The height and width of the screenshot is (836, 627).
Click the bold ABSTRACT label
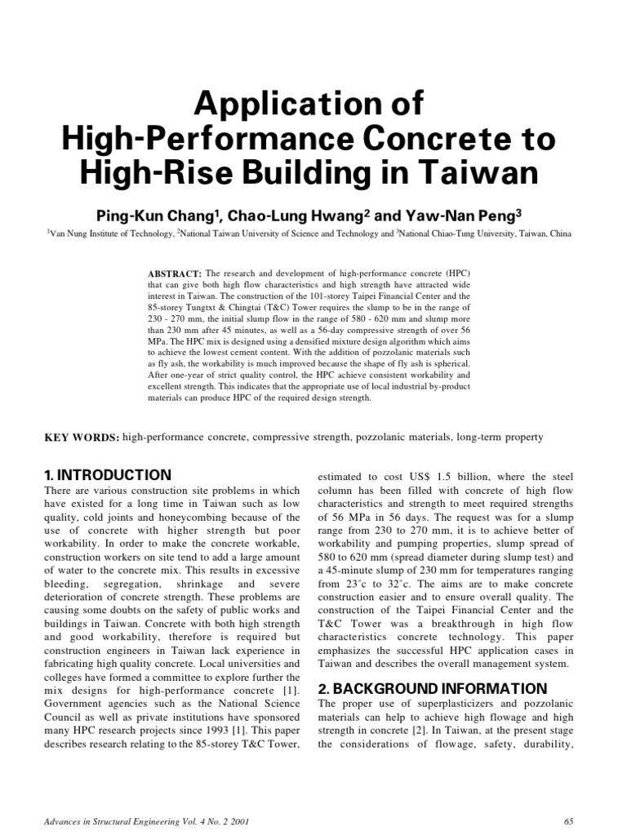point(175,272)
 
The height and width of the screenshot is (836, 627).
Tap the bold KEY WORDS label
point(81,438)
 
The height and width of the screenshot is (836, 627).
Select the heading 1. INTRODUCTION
point(107,475)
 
